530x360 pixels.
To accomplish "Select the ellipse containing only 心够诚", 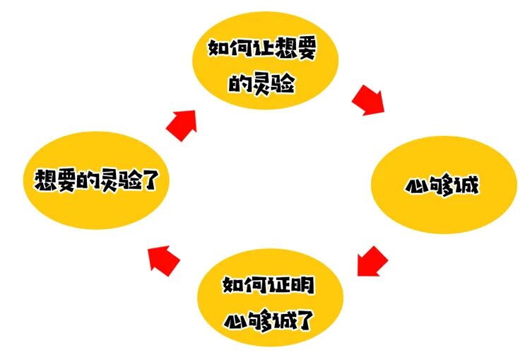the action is [x=441, y=185].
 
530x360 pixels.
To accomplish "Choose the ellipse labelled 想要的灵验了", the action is [x=93, y=181].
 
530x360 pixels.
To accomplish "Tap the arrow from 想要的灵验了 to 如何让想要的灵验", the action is [x=183, y=125].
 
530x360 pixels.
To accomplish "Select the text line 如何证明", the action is [x=269, y=286].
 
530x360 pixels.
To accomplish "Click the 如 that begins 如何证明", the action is [x=233, y=286].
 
